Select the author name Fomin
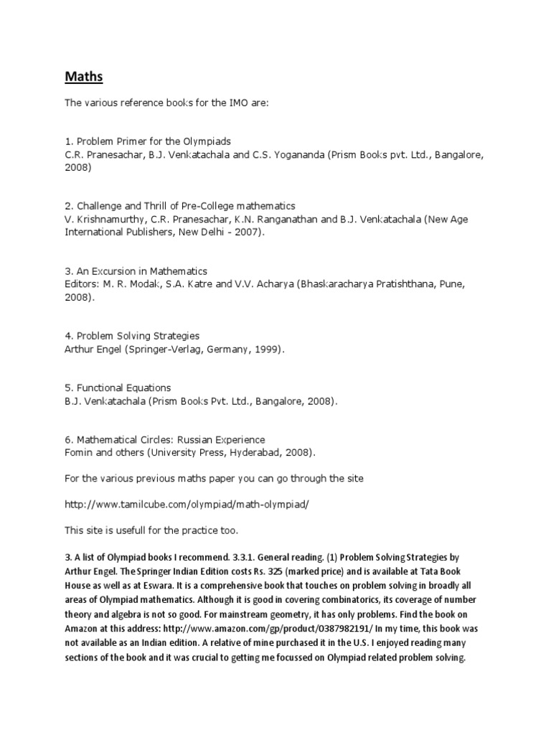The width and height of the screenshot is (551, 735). coord(80,452)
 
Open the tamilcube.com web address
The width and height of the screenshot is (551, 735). coord(187,505)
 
